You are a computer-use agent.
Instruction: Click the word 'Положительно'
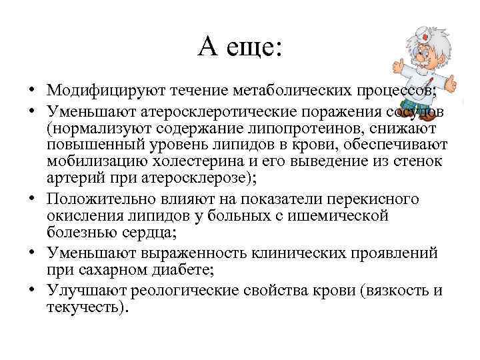(x=101, y=199)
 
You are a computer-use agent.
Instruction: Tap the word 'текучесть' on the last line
(x=84, y=308)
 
